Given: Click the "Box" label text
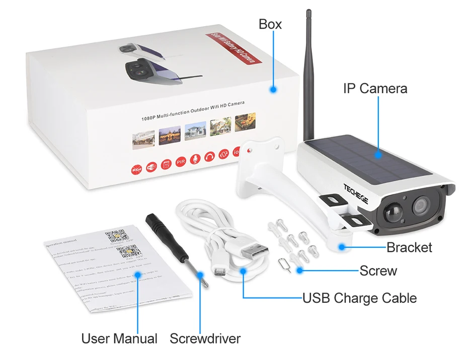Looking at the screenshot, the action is point(270,24).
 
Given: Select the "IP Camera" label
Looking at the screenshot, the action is point(375,88).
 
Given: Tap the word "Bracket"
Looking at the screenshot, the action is point(409,247).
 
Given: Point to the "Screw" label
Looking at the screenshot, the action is point(378,271).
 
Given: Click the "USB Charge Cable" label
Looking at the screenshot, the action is point(359,298).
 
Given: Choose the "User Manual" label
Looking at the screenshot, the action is point(119,338).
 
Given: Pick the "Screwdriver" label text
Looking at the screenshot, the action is point(205,338).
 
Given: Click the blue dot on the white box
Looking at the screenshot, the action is point(273,89).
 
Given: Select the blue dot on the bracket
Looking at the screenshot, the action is point(342,247).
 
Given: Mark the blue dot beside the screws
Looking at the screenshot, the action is point(300,271).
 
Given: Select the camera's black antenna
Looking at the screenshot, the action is point(308,75).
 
